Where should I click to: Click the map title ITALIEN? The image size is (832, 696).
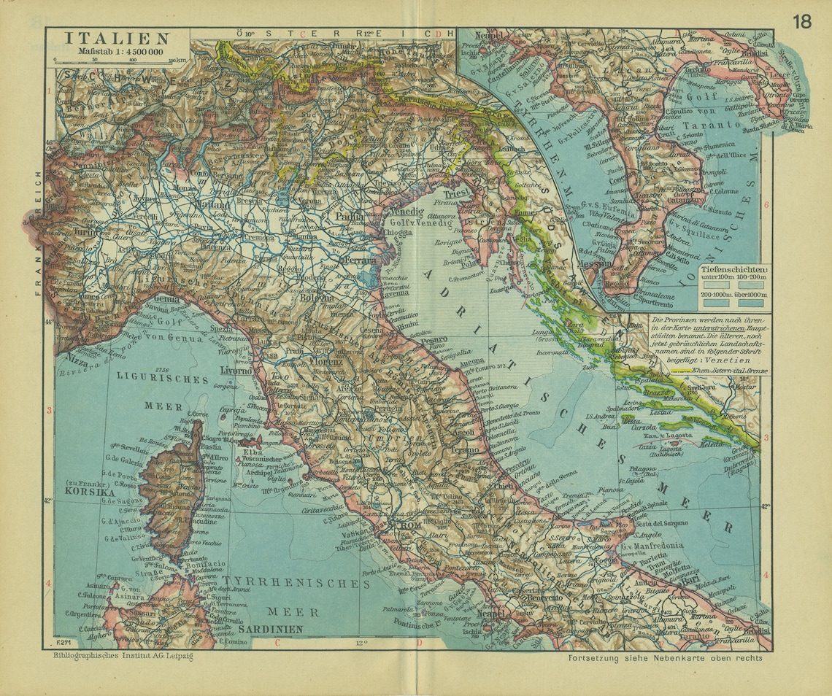click(117, 39)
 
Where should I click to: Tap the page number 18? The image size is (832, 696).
click(801, 21)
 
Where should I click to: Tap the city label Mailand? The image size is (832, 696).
click(212, 206)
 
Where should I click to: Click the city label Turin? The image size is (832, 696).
click(86, 232)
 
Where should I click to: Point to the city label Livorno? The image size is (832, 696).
click(235, 371)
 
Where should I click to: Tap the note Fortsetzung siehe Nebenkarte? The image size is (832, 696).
click(664, 657)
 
